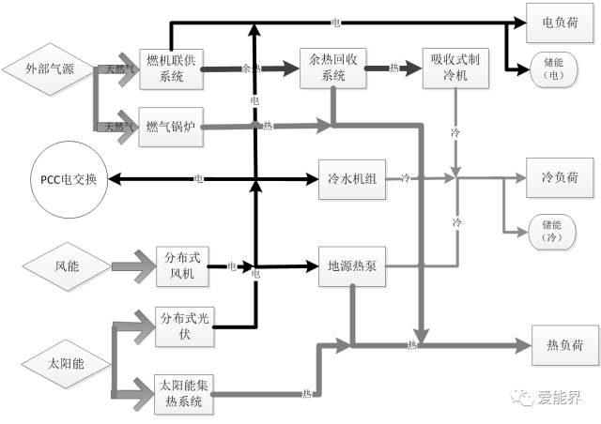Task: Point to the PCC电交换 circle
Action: (69, 178)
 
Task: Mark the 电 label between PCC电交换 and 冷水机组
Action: (198, 178)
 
